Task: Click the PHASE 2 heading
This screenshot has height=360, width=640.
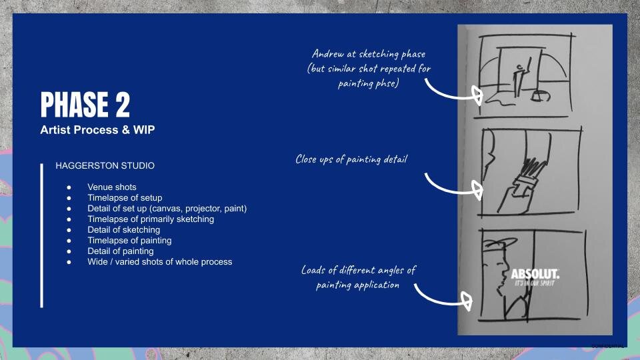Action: [x=85, y=105]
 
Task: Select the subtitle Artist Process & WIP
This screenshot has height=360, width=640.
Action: [x=97, y=130]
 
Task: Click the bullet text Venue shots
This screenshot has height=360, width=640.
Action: [x=111, y=187]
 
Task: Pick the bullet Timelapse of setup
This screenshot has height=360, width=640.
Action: [x=124, y=198]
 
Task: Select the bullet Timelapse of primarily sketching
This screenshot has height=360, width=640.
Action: [x=151, y=219]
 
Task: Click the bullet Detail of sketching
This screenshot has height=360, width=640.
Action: [x=123, y=230]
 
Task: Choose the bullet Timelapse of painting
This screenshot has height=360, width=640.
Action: [x=129, y=241]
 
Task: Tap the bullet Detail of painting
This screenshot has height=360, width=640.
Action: [x=120, y=251]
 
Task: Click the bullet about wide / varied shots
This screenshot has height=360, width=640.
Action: [x=159, y=262]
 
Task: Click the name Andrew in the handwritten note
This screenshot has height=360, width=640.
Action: [x=328, y=54]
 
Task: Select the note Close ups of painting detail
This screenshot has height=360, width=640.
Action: [x=351, y=159]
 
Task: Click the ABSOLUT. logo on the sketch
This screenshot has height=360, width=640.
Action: [x=535, y=275]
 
